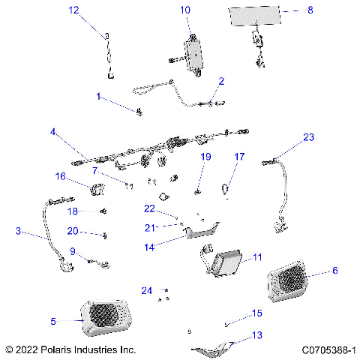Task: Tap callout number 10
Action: click(x=185, y=10)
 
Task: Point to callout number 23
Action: click(x=308, y=137)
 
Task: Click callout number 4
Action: click(x=53, y=132)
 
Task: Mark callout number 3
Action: click(x=18, y=232)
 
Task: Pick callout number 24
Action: click(x=147, y=290)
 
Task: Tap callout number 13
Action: click(x=257, y=334)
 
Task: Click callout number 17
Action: click(x=240, y=157)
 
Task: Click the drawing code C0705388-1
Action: click(x=328, y=350)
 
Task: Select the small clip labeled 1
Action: click(x=139, y=112)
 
